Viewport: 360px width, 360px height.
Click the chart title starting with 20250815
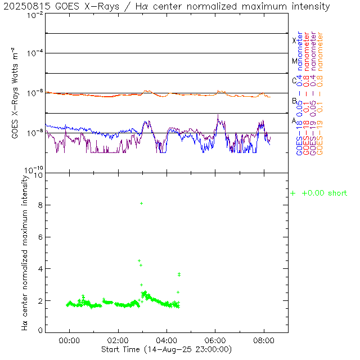coord(167,7)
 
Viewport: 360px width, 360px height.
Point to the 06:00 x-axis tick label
coord(215,341)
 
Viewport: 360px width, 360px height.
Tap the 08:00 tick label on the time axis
coord(264,341)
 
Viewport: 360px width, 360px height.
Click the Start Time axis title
coord(167,349)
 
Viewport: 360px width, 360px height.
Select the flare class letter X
coord(294,40)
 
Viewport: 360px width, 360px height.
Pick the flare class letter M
coord(294,61)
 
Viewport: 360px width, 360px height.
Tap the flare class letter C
coord(294,81)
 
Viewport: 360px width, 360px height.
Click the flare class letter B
coord(294,101)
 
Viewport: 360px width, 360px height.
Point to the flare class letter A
coord(294,121)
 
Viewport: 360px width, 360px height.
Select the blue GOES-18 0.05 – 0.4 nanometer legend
coord(299,93)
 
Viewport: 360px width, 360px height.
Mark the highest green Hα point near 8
coord(141,203)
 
